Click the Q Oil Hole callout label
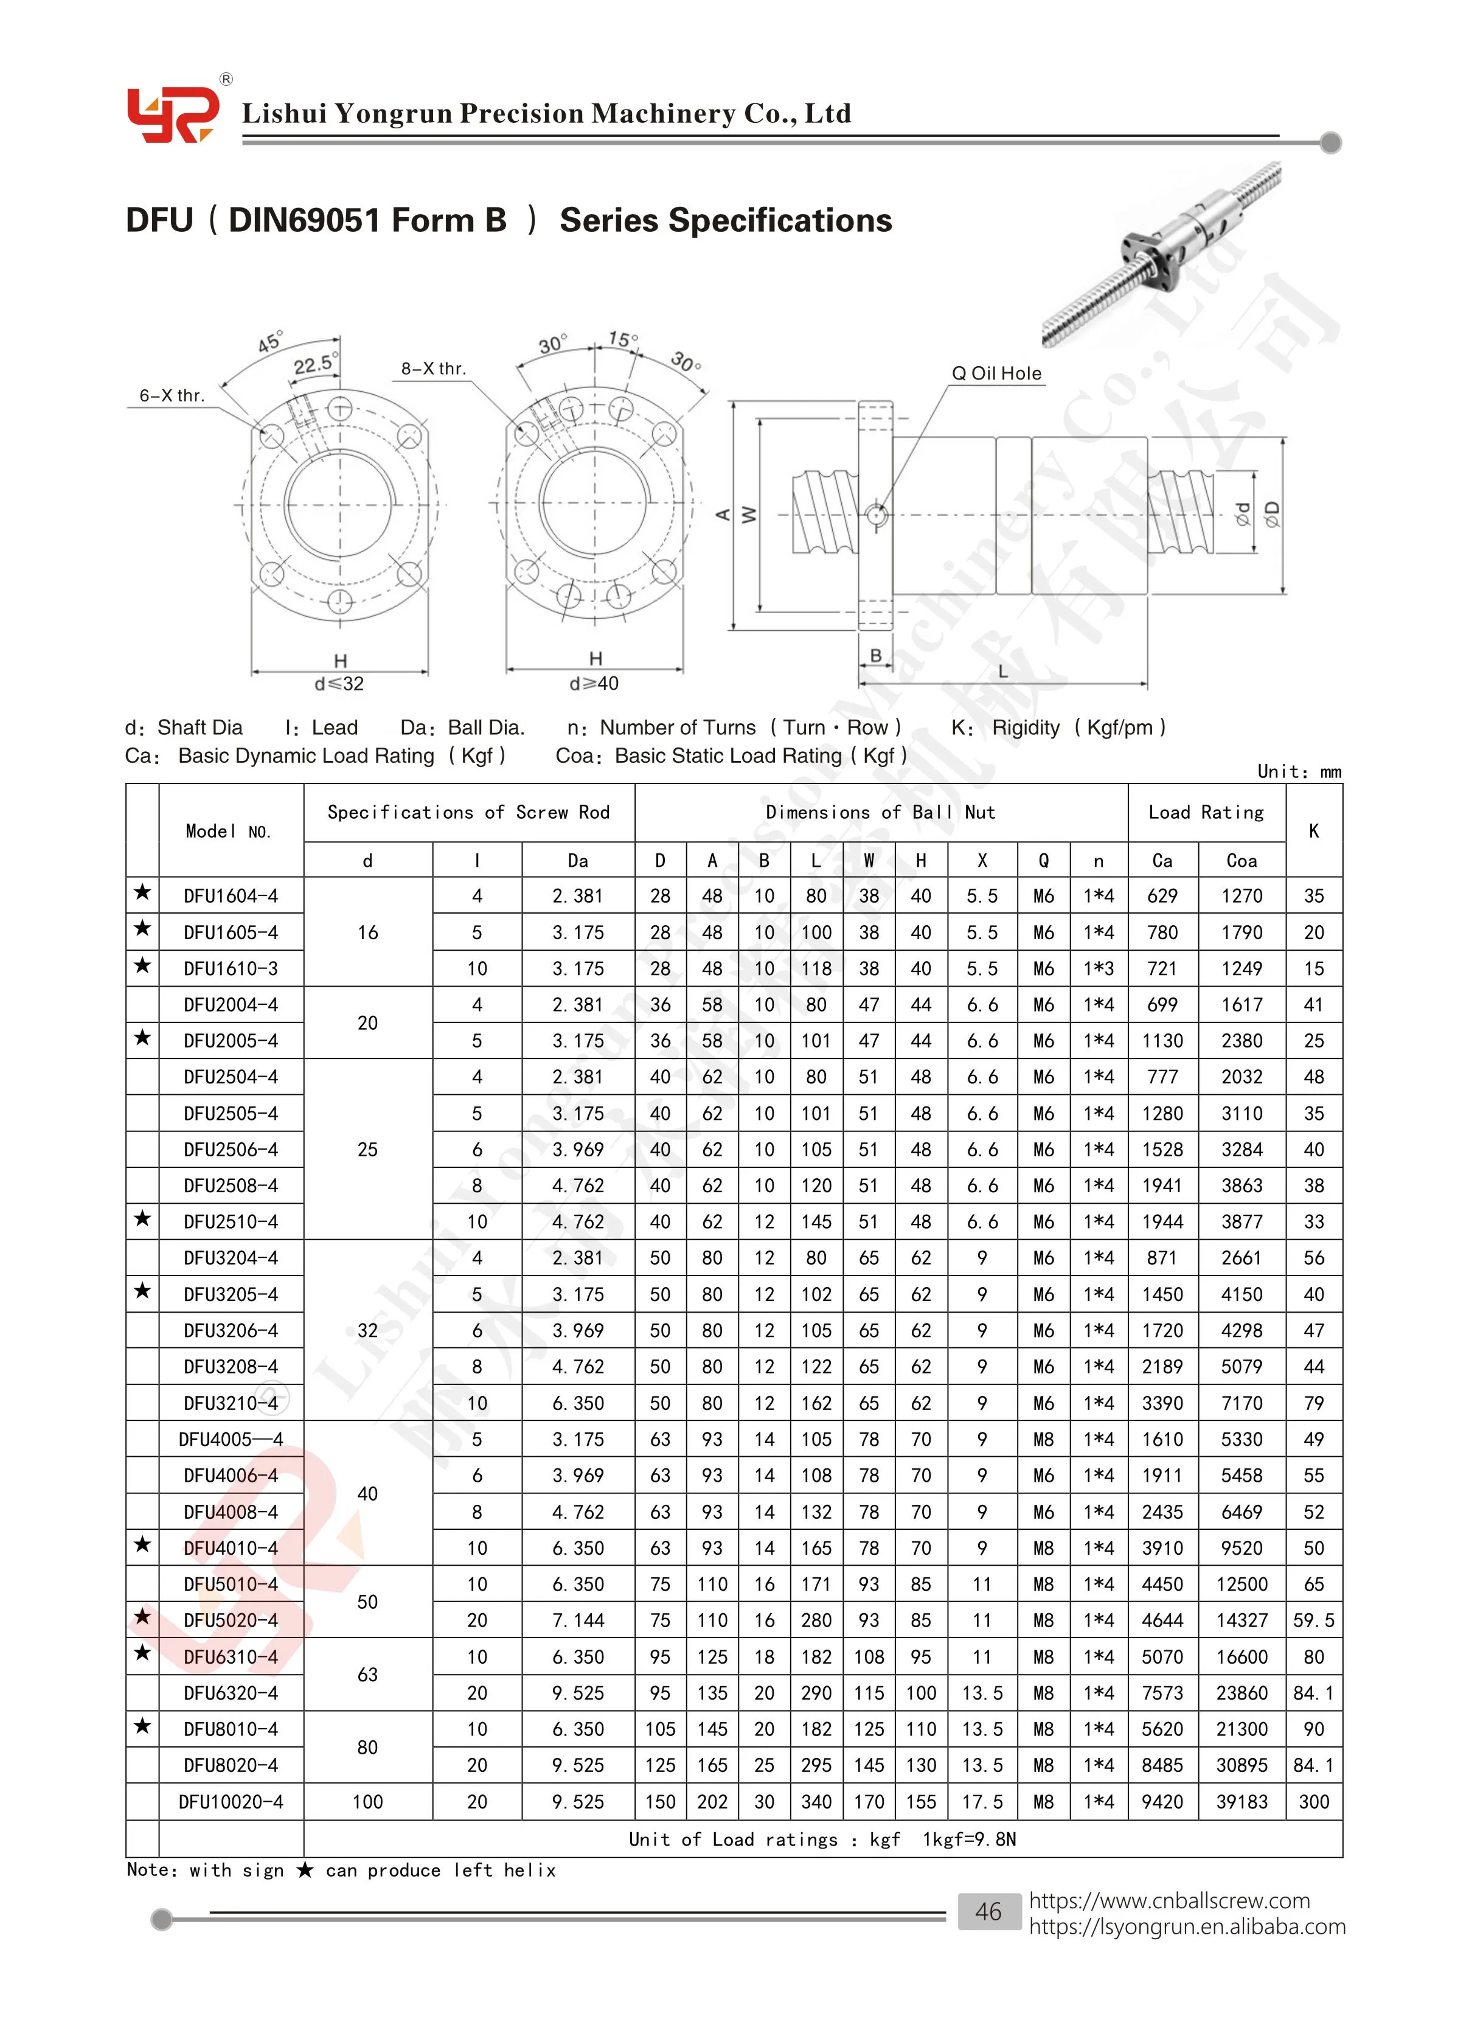(x=996, y=373)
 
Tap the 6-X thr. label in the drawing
(x=172, y=395)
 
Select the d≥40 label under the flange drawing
(x=594, y=683)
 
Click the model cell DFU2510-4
(x=231, y=1221)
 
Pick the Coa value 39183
(x=1241, y=1802)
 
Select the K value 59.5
(x=1313, y=1620)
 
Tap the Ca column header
(x=1161, y=860)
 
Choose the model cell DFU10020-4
(x=231, y=1802)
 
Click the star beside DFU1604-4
(x=142, y=894)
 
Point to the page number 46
(x=988, y=1912)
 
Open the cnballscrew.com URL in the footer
(x=1169, y=1900)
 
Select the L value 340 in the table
(x=816, y=1802)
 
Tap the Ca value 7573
(x=1161, y=1693)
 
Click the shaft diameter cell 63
(x=367, y=1675)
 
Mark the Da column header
(x=578, y=860)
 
